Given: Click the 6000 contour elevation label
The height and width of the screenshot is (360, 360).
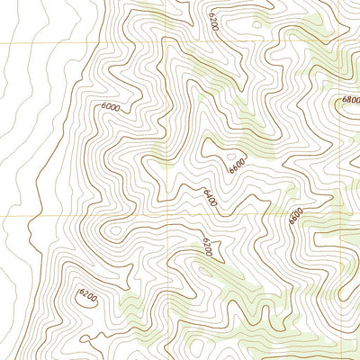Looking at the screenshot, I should click(x=111, y=107).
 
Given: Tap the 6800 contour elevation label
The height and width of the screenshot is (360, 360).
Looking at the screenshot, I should click(x=350, y=101).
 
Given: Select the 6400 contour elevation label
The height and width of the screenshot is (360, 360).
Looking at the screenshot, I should click(x=210, y=197).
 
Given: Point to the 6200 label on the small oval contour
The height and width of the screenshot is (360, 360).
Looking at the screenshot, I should click(x=86, y=294).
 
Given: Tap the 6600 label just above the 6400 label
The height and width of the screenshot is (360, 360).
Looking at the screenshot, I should click(x=237, y=165).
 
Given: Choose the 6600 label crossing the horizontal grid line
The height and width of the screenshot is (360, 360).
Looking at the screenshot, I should click(x=294, y=217).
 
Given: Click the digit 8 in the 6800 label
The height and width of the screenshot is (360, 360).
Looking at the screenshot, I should click(x=347, y=101).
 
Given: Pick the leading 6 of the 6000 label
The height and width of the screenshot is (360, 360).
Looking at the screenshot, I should click(x=103, y=105).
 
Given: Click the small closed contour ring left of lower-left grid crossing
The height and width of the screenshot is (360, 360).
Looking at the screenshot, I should click(x=113, y=230).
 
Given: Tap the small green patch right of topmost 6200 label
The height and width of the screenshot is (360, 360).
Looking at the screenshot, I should click(x=261, y=20).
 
